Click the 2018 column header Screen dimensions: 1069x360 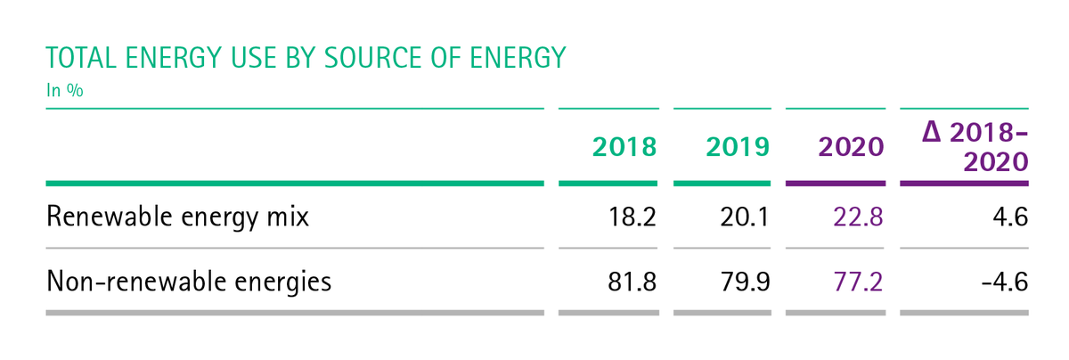624,146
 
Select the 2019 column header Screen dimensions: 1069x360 738,146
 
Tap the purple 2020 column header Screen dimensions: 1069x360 851,146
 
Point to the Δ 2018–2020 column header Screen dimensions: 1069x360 975,146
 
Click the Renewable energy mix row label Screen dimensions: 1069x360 177,217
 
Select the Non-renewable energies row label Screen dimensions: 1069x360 189,281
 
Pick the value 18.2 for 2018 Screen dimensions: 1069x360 632,217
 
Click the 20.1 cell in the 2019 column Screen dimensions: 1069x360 745,217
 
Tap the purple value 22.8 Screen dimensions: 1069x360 858,217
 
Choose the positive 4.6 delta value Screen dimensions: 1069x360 1010,217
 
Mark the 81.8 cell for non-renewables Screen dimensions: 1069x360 632,282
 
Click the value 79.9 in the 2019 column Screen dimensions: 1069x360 745,282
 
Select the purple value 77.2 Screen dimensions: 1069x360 858,282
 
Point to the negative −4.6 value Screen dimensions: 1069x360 1005,282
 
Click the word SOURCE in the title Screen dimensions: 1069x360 373,58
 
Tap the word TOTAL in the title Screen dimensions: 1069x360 81,58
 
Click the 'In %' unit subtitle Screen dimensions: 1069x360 65,90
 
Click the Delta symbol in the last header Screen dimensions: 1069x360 931,132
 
